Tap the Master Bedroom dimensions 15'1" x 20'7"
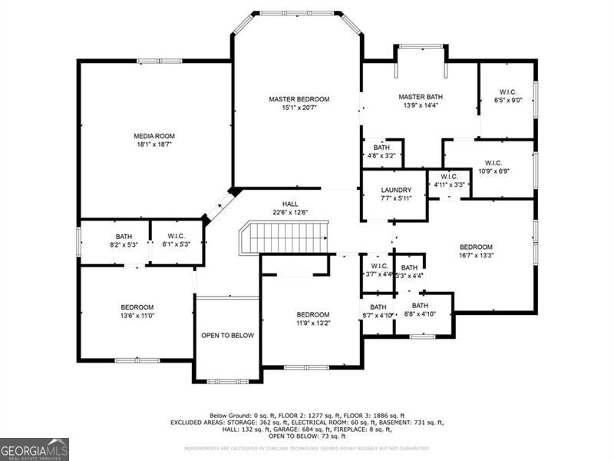(299, 108)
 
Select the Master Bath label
(421, 97)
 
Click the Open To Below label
(227, 335)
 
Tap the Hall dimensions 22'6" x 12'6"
(289, 213)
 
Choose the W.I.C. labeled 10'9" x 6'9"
(493, 167)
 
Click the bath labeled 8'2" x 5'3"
(124, 240)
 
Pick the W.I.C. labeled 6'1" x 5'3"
(175, 240)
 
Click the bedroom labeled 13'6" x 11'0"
(137, 311)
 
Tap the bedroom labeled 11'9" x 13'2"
(313, 319)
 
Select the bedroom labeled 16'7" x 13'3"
(476, 251)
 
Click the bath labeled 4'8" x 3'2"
(381, 151)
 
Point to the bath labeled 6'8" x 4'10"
(420, 310)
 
